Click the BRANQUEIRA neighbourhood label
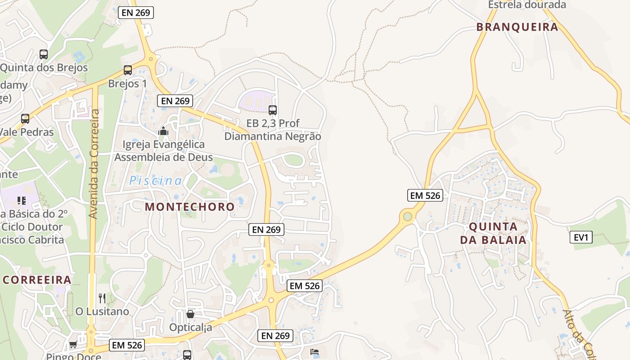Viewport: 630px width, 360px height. [x=517, y=27]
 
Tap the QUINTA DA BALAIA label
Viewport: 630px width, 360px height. [x=493, y=233]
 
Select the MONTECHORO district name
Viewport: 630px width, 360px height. [x=189, y=207]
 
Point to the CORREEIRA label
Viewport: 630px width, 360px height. [x=37, y=279]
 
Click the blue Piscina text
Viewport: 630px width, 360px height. [x=156, y=181]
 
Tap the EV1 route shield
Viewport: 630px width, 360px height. [x=581, y=237]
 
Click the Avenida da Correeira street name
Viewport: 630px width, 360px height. [x=94, y=164]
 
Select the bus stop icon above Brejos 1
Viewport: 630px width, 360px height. [x=128, y=70]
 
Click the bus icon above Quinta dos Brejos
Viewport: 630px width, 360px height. [x=44, y=54]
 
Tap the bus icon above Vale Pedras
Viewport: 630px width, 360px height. [x=25, y=119]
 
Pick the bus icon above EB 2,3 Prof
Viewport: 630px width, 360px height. [x=272, y=110]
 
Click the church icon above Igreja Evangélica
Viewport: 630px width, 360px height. [x=163, y=131]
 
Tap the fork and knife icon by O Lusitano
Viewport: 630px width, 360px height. [x=102, y=298]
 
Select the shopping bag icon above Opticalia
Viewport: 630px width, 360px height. [x=190, y=314]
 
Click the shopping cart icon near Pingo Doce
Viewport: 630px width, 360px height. [x=73, y=345]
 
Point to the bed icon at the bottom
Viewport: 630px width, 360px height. [x=315, y=351]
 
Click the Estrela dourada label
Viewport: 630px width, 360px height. [x=526, y=5]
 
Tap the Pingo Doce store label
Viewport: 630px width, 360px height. [x=74, y=356]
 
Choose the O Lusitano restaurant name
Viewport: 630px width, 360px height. [x=102, y=311]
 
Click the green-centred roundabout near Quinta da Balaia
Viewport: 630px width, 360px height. [x=407, y=217]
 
